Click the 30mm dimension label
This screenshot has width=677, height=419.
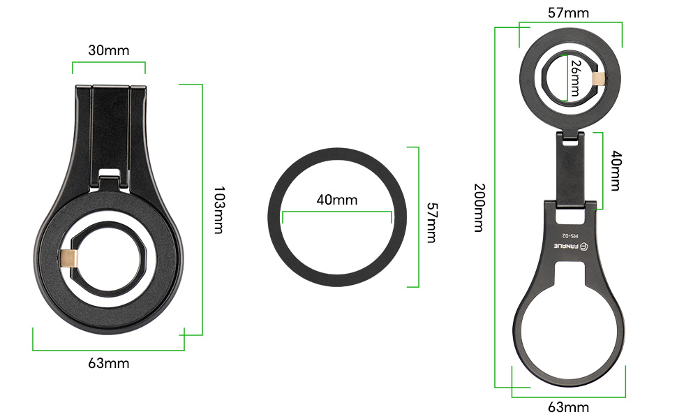[x=109, y=50]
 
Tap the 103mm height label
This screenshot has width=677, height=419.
[x=219, y=210]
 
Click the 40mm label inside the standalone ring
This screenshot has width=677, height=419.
[x=337, y=200]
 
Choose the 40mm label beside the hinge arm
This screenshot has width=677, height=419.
[x=616, y=170]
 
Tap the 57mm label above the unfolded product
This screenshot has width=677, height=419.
[x=569, y=13]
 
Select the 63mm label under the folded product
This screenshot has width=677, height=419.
[x=109, y=363]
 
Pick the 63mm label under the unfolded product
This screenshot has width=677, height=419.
[x=569, y=407]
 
